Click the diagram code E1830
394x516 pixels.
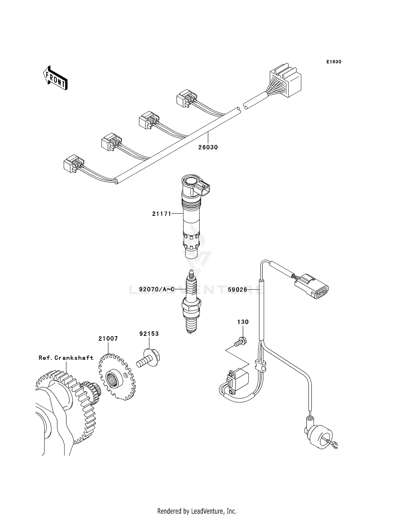coord(334,62)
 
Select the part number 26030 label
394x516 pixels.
coord(208,147)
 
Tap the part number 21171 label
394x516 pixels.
coord(161,214)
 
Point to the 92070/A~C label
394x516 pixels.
coord(157,289)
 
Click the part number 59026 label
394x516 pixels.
coord(237,290)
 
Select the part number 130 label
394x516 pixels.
coord(243,322)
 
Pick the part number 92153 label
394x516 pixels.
coord(149,334)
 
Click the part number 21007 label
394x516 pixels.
coord(108,339)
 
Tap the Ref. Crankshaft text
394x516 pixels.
coord(66,358)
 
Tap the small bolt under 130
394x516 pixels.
coord(240,342)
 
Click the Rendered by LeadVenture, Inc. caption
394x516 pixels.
coord(197,511)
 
